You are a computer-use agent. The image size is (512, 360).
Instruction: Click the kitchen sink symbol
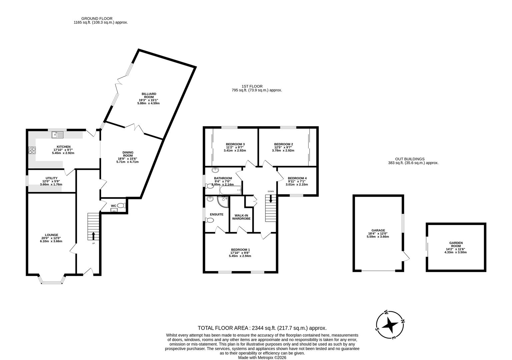[57, 135]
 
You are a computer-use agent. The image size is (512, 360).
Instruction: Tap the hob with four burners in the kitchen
[32, 150]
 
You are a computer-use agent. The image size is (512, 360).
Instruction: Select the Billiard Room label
[148, 96]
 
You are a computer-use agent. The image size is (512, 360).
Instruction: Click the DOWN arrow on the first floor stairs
[270, 199]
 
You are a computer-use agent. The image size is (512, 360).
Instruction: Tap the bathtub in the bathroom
[230, 190]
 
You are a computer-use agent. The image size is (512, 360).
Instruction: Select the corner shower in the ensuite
[222, 202]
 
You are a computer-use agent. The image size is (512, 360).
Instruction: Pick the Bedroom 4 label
[297, 178]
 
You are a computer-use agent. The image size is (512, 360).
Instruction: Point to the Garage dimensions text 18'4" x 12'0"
[378, 234]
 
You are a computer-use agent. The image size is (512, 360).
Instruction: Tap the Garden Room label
[456, 245]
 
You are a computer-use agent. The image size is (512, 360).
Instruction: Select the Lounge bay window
[52, 282]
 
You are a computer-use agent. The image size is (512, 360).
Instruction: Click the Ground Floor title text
[97, 19]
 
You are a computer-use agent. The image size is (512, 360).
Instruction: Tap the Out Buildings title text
[410, 159]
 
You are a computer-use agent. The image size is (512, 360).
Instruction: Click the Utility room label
[52, 178]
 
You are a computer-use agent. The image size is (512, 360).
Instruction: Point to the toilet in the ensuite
[210, 220]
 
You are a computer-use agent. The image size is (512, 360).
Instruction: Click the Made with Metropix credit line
[262, 357]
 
